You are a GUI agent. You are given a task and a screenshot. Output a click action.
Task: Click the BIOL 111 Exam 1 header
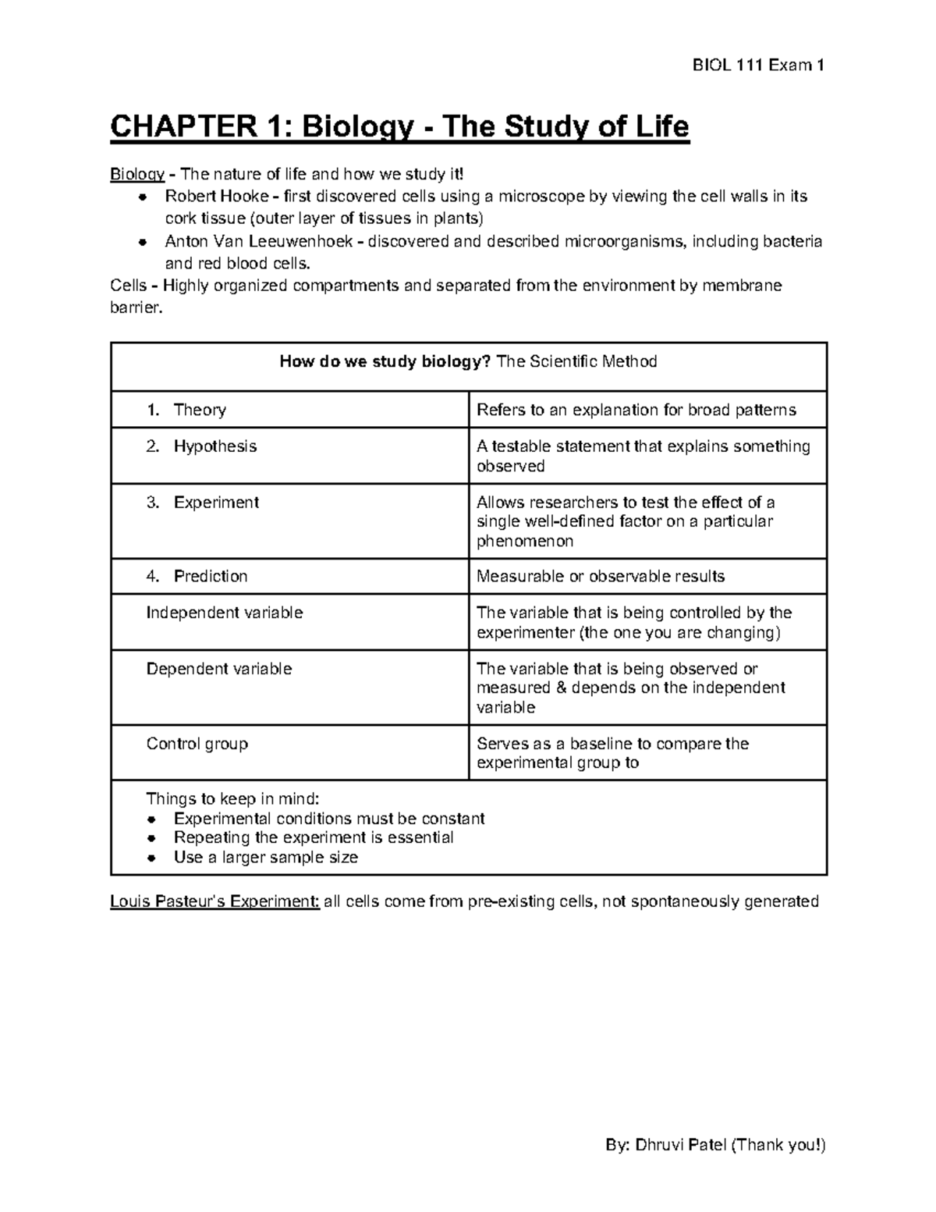pyautogui.click(x=758, y=66)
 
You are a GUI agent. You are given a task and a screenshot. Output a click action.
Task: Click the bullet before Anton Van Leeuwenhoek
pyautogui.click(x=143, y=242)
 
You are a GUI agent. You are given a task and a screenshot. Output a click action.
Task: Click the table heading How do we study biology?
pyautogui.click(x=385, y=361)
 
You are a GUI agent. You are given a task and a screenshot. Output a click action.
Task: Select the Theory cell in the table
pyautogui.click(x=200, y=411)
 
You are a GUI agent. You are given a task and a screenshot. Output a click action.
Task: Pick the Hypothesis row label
pyautogui.click(x=214, y=446)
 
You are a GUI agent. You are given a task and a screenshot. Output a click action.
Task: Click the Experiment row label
pyautogui.click(x=216, y=503)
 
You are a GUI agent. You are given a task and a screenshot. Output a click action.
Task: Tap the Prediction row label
pyautogui.click(x=211, y=577)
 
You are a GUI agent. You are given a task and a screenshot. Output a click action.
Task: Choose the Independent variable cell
pyautogui.click(x=225, y=613)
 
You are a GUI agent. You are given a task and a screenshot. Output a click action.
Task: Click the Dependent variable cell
pyautogui.click(x=219, y=670)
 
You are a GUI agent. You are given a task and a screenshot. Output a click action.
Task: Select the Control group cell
pyautogui.click(x=197, y=744)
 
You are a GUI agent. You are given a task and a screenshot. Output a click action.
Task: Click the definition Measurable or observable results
pyautogui.click(x=601, y=577)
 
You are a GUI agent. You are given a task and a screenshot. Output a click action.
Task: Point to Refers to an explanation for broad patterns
pyautogui.click(x=636, y=411)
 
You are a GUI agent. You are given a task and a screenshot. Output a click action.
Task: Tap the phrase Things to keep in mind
pyautogui.click(x=232, y=799)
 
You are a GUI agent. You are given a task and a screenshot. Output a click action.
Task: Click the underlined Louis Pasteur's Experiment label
pyautogui.click(x=214, y=902)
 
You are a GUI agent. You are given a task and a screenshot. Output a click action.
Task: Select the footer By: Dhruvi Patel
pyautogui.click(x=715, y=1146)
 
